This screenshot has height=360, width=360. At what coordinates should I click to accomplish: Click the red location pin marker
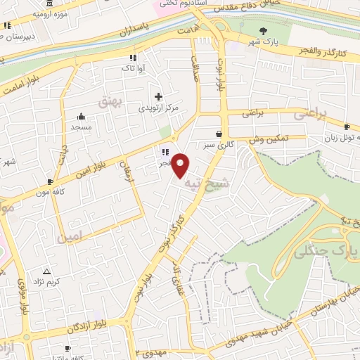click(x=181, y=165)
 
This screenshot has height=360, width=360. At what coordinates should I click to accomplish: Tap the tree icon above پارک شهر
click(x=264, y=30)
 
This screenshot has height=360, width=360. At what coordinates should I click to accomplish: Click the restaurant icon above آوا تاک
click(x=131, y=58)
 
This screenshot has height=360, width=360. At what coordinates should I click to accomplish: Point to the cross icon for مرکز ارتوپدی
click(x=158, y=96)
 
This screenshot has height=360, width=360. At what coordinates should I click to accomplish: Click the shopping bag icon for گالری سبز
click(x=219, y=134)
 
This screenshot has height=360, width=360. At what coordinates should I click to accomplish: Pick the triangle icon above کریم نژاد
click(x=47, y=271)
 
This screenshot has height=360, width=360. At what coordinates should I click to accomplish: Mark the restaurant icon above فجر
click(x=165, y=151)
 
